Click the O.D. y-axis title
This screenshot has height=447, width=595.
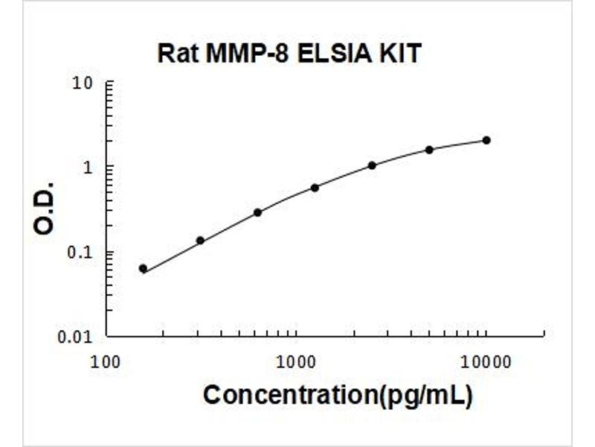pyautogui.click(x=45, y=208)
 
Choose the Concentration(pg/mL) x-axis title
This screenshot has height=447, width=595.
pyautogui.click(x=338, y=395)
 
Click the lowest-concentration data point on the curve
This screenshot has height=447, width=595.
pyautogui.click(x=143, y=269)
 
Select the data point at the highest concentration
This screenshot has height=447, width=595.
pyautogui.click(x=486, y=140)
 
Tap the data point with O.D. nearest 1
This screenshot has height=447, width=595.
pyautogui.click(x=372, y=165)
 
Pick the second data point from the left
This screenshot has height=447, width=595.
pyautogui.click(x=200, y=241)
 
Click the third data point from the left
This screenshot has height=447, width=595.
pyautogui.click(x=257, y=212)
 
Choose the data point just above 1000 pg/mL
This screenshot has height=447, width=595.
pyautogui.click(x=315, y=188)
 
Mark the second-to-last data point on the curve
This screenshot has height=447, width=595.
pyautogui.click(x=429, y=150)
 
